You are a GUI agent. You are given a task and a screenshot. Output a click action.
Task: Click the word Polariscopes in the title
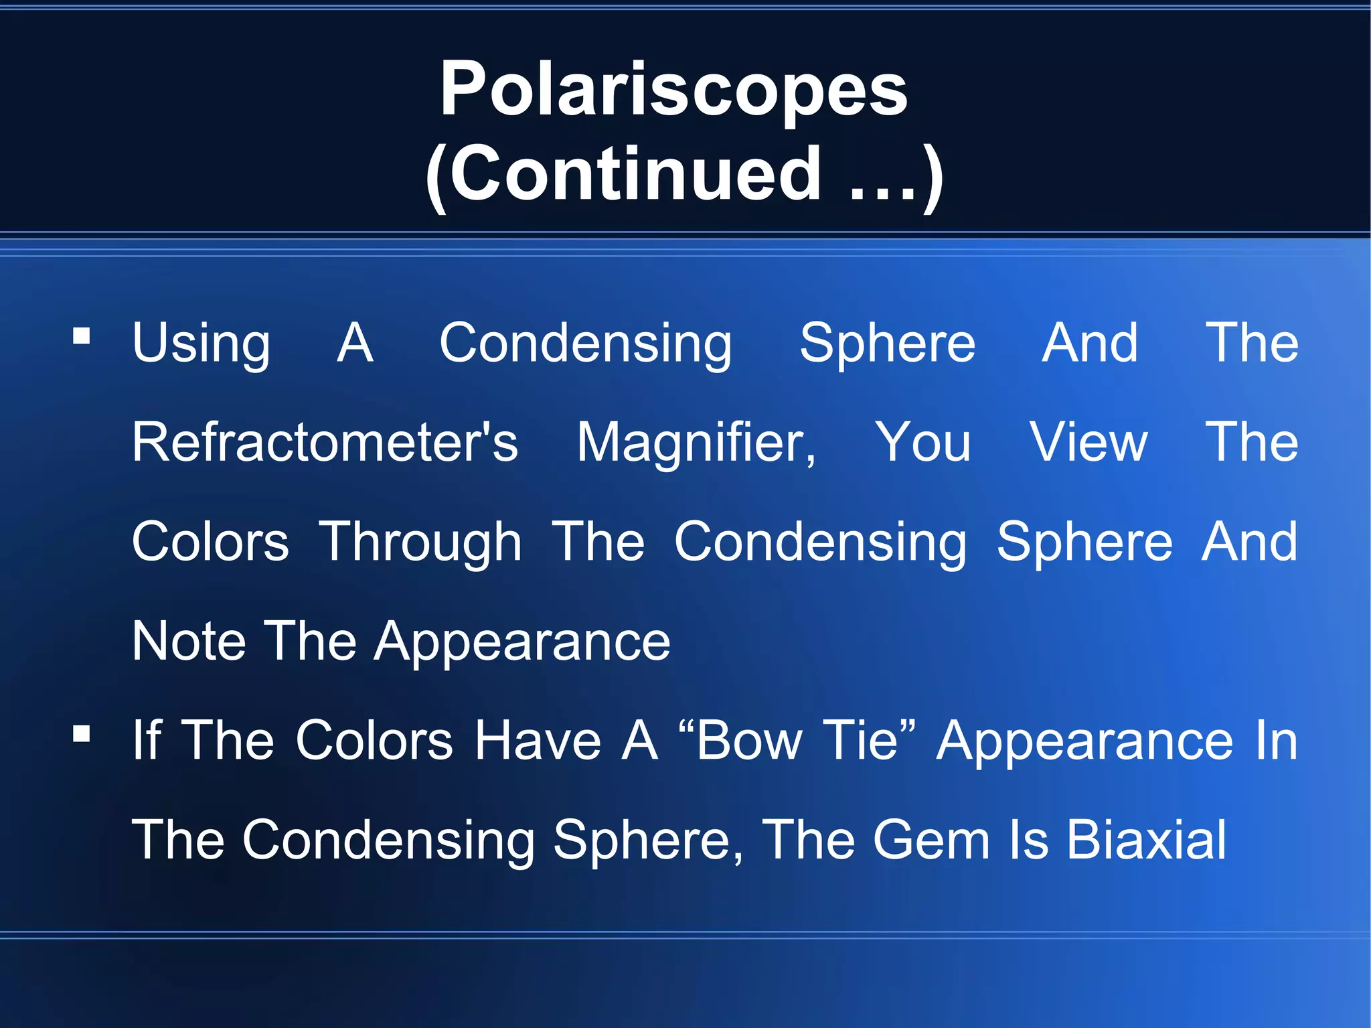[673, 90]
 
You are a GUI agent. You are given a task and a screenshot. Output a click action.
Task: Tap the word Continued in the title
[635, 174]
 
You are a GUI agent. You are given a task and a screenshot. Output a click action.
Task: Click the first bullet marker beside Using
[82, 336]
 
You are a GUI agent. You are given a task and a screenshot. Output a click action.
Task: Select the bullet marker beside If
[82, 734]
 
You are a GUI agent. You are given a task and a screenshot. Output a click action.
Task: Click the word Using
[201, 344]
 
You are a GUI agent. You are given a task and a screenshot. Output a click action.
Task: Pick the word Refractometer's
[325, 442]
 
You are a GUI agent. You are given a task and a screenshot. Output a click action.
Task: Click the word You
[923, 442]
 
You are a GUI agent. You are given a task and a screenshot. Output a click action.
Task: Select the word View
[1089, 442]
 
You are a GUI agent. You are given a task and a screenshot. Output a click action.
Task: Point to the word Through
[420, 542]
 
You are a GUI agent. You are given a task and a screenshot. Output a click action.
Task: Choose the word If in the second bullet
[147, 740]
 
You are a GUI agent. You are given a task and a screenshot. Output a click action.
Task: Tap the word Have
[538, 740]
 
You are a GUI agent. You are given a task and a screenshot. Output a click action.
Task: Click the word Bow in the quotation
[748, 740]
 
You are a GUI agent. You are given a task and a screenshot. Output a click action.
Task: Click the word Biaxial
[1147, 840]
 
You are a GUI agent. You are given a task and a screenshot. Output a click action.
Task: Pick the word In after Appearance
[1277, 740]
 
